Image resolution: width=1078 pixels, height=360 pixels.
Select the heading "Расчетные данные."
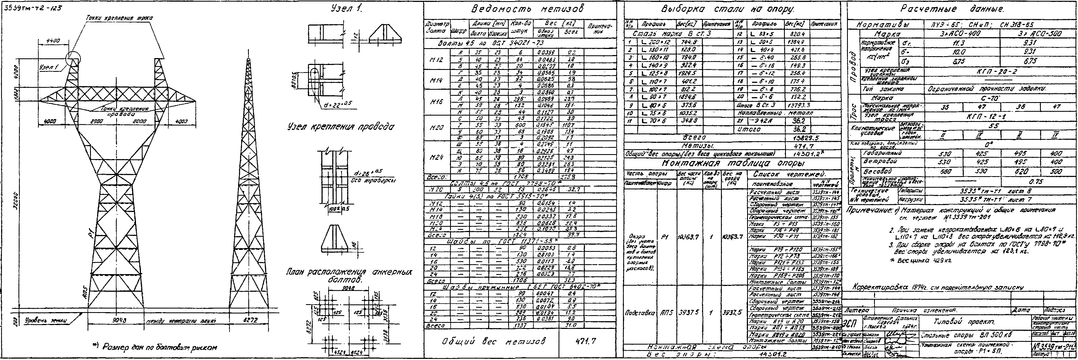(959, 9)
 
